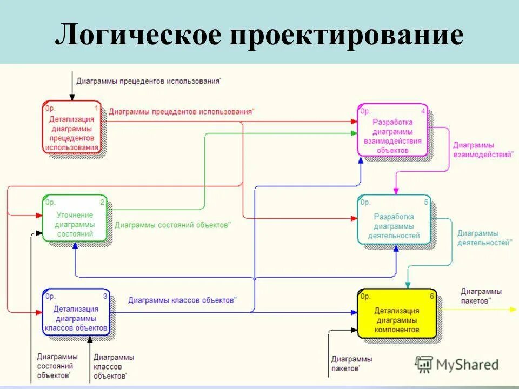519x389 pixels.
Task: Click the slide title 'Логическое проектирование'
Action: tap(259, 35)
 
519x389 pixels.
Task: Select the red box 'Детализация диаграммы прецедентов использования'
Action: tap(72, 128)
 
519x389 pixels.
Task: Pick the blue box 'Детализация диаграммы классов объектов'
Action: tap(76, 312)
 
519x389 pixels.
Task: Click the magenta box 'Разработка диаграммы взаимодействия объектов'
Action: tap(392, 131)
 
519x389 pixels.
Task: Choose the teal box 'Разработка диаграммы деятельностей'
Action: tap(394, 221)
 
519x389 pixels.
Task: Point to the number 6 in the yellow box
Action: tap(431, 296)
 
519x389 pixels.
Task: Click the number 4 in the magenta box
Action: tap(423, 111)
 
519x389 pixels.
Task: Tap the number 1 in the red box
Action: tap(96, 109)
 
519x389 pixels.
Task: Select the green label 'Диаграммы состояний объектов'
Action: tap(172, 225)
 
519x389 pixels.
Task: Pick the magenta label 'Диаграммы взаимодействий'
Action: tap(482, 150)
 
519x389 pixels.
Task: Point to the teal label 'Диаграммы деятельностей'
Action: tap(484, 238)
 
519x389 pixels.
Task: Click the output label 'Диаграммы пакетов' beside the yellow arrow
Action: tap(481, 296)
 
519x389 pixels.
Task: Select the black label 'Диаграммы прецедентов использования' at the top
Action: tap(148, 81)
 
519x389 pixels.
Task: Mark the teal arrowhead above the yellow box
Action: tap(408, 284)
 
